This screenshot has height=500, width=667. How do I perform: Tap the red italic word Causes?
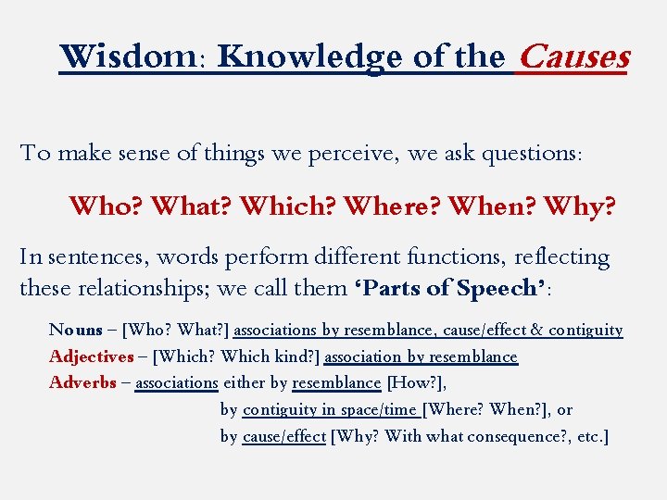coord(573,57)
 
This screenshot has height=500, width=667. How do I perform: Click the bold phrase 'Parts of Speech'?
coord(448,287)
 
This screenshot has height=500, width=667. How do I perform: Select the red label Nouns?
coord(75,330)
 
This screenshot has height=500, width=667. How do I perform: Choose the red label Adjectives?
coord(91,356)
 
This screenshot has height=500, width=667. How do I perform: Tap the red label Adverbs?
coord(82,382)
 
